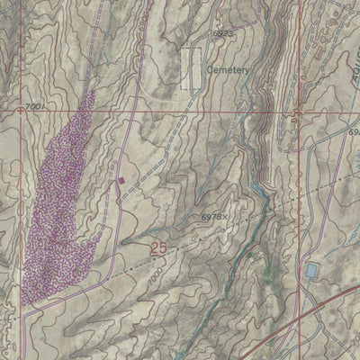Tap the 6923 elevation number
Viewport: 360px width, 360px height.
(199, 33)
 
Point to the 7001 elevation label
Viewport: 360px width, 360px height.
(34, 107)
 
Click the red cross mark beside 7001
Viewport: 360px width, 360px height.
(20, 108)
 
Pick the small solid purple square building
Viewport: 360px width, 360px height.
(121, 181)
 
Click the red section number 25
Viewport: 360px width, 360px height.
(158, 247)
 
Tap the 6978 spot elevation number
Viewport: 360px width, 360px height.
(211, 218)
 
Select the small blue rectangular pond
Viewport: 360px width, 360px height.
(311, 270)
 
